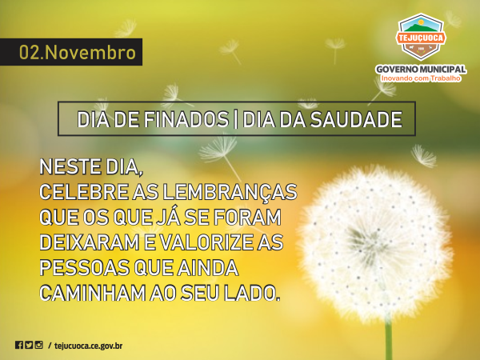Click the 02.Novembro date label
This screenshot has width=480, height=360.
[x=78, y=52]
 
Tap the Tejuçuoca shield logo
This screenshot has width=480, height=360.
[x=421, y=37]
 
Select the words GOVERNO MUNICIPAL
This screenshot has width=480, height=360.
[x=422, y=69]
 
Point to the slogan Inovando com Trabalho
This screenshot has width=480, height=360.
[x=421, y=78]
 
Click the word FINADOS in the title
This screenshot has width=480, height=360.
[x=186, y=119]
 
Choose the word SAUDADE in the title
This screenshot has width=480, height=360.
[x=356, y=119]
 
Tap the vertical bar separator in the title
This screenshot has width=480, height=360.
[x=235, y=119]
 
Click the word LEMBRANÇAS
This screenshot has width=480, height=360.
[x=230, y=193]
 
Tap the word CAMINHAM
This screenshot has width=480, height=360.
[x=93, y=294]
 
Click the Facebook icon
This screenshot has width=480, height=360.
[x=19, y=345]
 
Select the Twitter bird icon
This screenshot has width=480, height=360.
[x=29, y=345]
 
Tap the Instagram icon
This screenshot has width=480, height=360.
[x=39, y=345]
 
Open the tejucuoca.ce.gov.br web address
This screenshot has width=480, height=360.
[x=89, y=346]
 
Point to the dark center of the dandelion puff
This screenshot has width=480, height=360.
[x=365, y=242]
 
